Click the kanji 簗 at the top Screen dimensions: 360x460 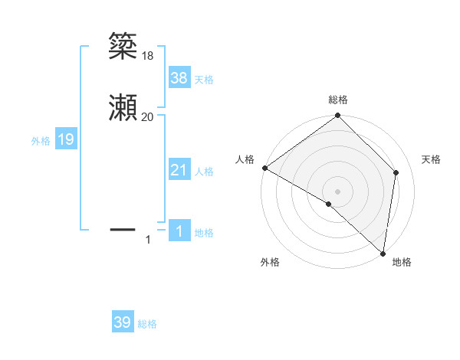coord(123,47)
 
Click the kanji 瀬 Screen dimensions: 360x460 coord(123,108)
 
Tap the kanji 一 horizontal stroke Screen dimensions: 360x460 coord(123,229)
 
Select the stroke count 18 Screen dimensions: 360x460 coord(148,55)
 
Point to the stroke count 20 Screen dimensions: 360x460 coord(148,116)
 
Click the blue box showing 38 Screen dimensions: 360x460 coord(179,77)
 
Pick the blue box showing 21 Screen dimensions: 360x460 coord(179,170)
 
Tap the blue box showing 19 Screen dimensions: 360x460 coord(66,139)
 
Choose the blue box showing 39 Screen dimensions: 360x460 coord(123,322)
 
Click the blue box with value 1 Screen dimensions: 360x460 coord(179,231)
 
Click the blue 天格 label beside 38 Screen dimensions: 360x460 coord(204,79)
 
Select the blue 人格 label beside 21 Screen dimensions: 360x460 coord(204,172)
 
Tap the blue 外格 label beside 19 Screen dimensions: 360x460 coord(41,141)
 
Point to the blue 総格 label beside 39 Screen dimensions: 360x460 coord(147,324)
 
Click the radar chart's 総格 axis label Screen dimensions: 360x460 coord(338,100)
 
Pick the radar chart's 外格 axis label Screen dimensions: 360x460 coord(270,262)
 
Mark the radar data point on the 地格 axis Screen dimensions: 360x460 coord(383,253)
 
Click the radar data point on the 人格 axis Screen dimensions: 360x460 coord(264,168)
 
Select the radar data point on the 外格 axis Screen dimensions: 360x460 coord(329,204)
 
